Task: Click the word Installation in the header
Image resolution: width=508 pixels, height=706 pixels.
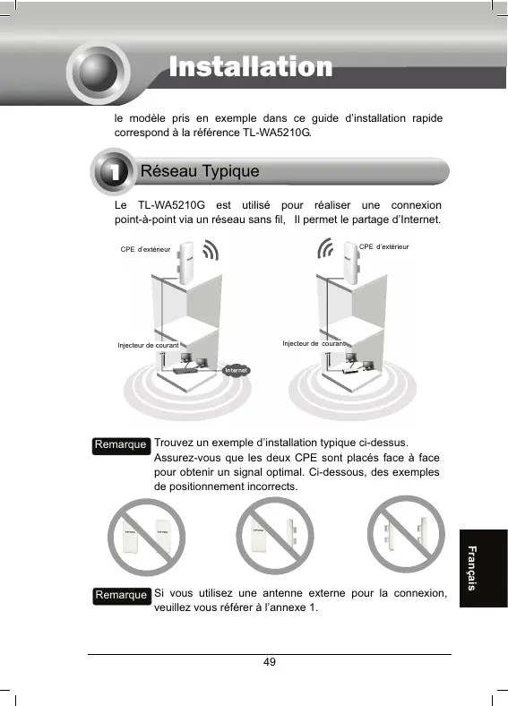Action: (x=251, y=67)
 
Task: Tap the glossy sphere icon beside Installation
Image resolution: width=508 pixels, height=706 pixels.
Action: (x=99, y=72)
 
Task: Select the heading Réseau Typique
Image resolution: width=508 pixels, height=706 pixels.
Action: (x=200, y=171)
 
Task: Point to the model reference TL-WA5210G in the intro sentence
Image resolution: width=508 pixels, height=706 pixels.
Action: (x=277, y=133)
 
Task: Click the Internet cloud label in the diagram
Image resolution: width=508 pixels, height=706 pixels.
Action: (x=236, y=370)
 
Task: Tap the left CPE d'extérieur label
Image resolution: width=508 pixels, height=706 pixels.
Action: (x=145, y=249)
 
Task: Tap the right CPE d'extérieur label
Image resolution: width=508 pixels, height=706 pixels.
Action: (x=383, y=246)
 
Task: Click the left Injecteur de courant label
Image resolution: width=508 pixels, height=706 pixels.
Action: (x=148, y=345)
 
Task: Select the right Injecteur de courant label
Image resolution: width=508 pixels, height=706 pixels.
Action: (x=314, y=343)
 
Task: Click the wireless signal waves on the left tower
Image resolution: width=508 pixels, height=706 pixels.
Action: (x=211, y=250)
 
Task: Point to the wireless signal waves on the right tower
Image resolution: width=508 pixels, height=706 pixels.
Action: (x=325, y=248)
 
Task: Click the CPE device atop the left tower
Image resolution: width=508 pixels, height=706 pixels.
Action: (x=185, y=263)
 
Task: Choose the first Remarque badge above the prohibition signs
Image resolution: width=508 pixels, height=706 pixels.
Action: (x=121, y=445)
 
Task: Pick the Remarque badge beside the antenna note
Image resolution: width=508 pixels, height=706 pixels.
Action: (x=122, y=595)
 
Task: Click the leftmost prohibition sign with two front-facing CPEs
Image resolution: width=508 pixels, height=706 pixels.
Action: (x=146, y=537)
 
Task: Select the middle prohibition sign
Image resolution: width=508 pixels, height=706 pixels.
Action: (x=275, y=536)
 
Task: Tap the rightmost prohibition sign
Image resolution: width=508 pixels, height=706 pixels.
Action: (x=406, y=534)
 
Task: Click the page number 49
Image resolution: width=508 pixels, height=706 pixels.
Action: (x=270, y=662)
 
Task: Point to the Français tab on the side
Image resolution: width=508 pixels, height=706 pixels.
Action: (x=471, y=568)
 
